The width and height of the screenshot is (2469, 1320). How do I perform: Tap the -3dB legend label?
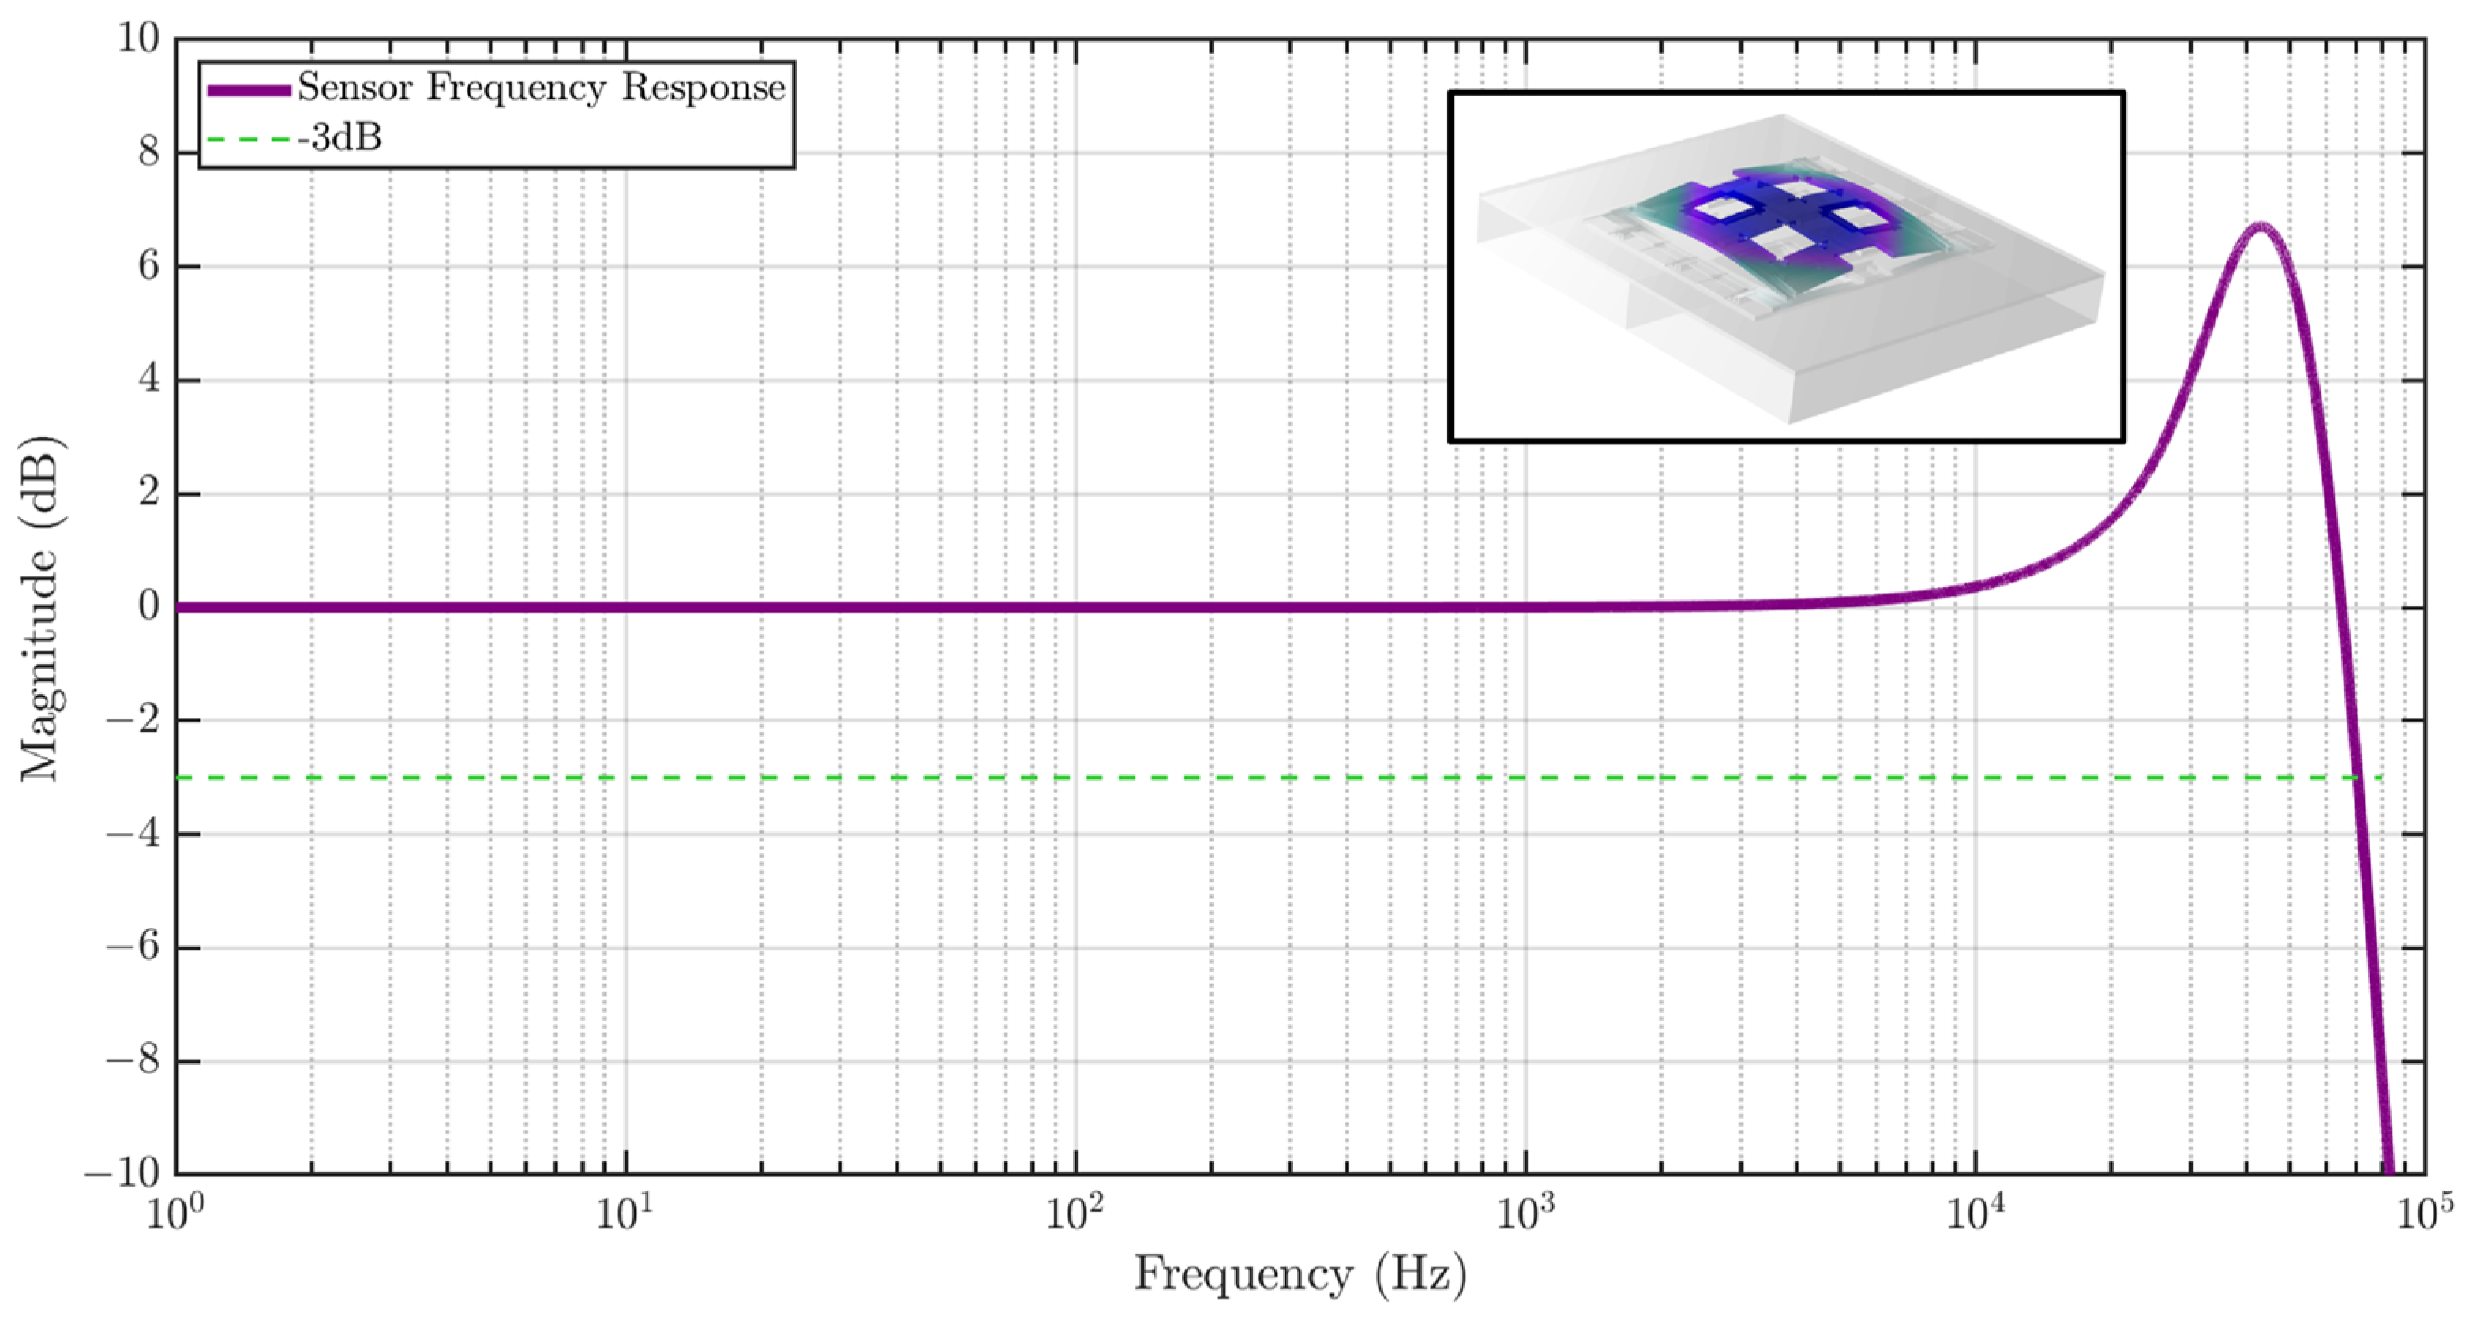(340, 139)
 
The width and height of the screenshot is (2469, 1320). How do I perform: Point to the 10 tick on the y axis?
(137, 39)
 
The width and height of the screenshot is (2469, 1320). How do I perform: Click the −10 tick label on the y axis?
(122, 1173)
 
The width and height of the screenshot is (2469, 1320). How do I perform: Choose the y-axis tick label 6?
(148, 265)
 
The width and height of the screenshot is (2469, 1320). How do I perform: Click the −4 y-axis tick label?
(133, 834)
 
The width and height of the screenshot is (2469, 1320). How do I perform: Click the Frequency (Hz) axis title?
(1300, 1276)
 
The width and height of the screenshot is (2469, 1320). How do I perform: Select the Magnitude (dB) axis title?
(40, 608)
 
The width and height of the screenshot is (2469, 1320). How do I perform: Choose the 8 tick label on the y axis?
(148, 152)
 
